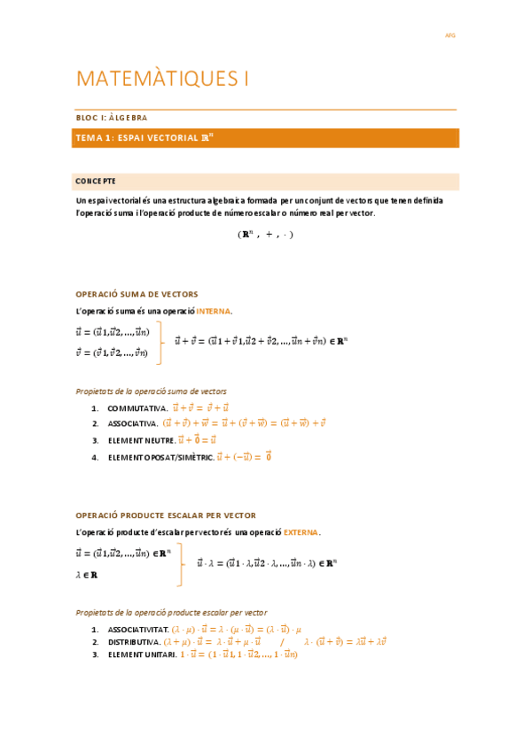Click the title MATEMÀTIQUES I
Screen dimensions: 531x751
[x=163, y=79]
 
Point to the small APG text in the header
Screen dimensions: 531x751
[x=449, y=36]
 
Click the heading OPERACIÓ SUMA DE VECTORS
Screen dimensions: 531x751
[x=137, y=294]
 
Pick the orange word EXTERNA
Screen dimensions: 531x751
[x=301, y=532]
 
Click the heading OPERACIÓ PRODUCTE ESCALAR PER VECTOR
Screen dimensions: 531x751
[x=166, y=515]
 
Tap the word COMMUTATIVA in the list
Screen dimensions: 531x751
[x=137, y=408]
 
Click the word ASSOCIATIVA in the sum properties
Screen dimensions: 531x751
[x=132, y=424]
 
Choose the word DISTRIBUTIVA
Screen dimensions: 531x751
[x=133, y=641]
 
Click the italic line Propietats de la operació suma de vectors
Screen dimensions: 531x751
[x=151, y=391]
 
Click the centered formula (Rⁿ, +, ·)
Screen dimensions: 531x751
[x=265, y=235]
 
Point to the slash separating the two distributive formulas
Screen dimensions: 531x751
[x=282, y=641]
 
